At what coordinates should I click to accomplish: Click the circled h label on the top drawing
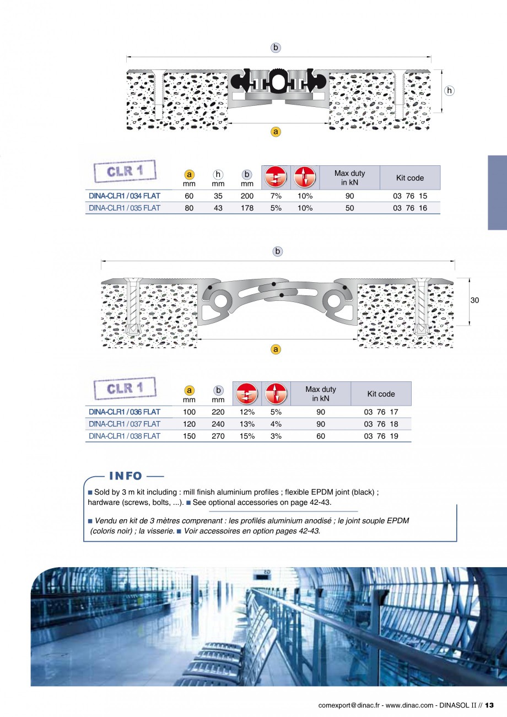(x=449, y=91)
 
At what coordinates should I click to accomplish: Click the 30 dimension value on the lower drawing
(x=474, y=300)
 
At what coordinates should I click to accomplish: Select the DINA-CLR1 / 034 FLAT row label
(x=125, y=196)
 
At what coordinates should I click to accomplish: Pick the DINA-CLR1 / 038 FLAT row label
(x=125, y=436)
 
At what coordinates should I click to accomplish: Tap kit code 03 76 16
(x=409, y=208)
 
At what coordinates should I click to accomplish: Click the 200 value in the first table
(x=247, y=196)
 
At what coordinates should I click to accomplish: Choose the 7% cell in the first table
(x=276, y=196)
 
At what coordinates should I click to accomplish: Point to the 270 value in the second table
(x=218, y=436)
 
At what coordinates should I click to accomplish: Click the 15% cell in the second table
(x=247, y=436)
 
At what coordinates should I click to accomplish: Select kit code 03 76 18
(x=381, y=424)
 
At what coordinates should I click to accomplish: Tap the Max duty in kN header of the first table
(x=349, y=177)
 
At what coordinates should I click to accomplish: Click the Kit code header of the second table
(x=381, y=394)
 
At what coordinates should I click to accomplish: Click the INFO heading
(x=126, y=476)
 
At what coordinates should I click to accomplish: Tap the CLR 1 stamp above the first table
(x=125, y=171)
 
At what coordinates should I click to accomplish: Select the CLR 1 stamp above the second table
(x=125, y=388)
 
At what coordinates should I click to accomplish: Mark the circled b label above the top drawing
(x=276, y=48)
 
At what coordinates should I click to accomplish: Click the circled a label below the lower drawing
(x=276, y=349)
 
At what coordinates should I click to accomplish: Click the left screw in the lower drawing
(x=132, y=306)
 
